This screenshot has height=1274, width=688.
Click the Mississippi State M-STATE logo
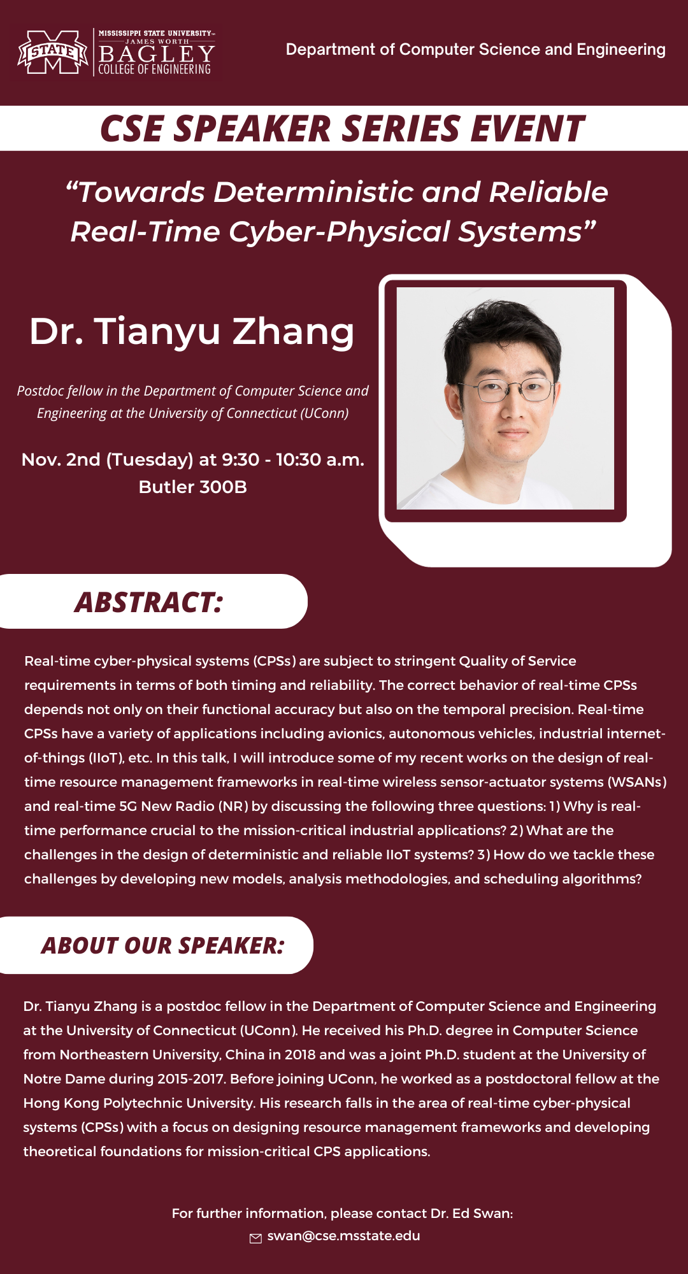[53, 52]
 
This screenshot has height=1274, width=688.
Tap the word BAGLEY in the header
[157, 54]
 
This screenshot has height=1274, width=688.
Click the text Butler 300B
[193, 487]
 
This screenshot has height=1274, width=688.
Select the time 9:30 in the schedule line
[241, 460]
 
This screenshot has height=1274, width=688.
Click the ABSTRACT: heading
[149, 602]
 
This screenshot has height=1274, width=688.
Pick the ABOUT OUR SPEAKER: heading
[162, 945]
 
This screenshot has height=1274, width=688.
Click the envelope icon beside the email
[255, 1238]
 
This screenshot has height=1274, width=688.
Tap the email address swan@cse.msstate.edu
[344, 1236]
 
